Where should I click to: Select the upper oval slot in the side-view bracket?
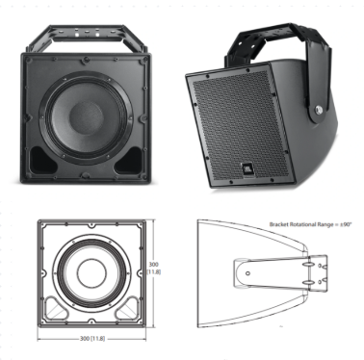point(310,259)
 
